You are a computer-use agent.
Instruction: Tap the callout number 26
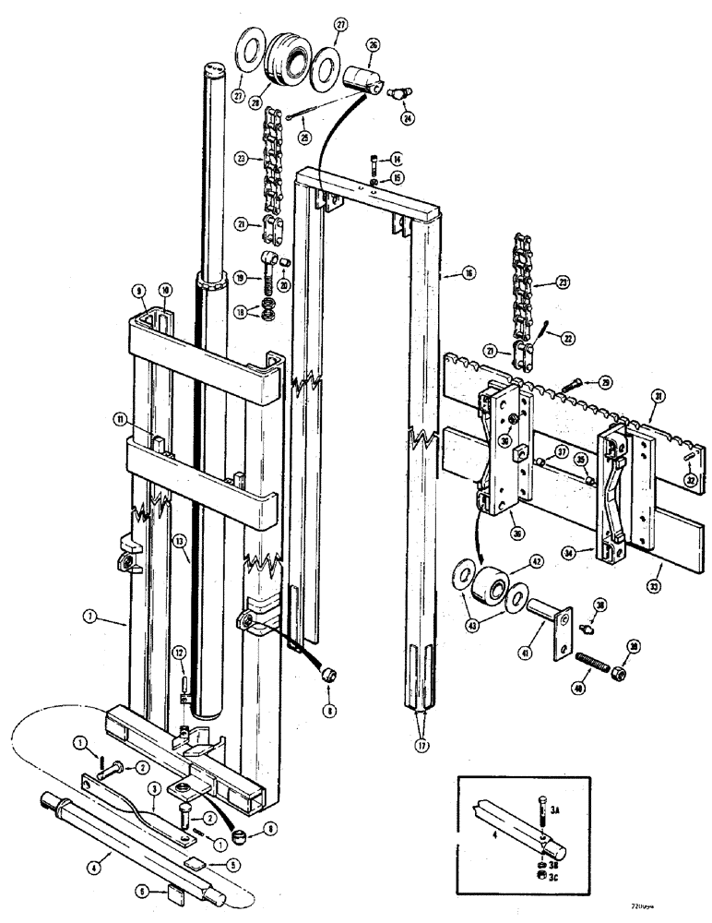(374, 44)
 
